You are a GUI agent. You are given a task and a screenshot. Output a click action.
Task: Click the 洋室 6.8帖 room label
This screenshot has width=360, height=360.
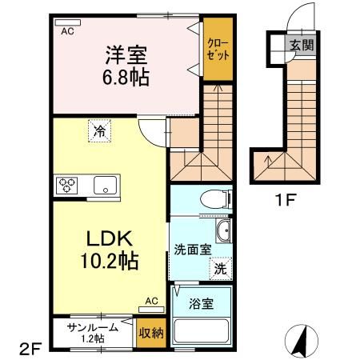(126, 66)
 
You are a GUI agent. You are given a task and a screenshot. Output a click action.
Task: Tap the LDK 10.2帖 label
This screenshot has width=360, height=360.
(110, 250)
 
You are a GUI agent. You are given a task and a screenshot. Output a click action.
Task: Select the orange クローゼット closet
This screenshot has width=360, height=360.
(218, 49)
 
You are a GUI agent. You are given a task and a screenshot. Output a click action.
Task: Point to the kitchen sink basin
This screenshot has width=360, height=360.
(105, 186)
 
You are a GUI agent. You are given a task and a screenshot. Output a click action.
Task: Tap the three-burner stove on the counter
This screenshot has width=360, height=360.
(66, 186)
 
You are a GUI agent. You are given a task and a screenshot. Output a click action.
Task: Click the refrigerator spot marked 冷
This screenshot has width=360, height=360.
(99, 131)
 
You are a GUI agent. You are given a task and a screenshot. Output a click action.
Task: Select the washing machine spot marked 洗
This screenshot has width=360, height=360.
(221, 269)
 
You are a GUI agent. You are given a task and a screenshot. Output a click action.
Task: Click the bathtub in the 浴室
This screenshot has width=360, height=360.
(201, 331)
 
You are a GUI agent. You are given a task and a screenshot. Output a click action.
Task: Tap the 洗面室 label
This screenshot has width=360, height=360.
(193, 250)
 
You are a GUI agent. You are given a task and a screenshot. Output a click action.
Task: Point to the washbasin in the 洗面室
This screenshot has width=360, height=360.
(223, 231)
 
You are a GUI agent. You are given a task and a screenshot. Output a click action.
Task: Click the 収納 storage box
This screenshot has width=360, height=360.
(151, 333)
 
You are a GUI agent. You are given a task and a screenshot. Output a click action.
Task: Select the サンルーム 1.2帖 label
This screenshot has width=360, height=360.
(93, 332)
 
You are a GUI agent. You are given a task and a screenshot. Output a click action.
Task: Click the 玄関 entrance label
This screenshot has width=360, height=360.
(302, 45)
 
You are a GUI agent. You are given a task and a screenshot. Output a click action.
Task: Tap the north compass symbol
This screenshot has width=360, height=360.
(302, 341)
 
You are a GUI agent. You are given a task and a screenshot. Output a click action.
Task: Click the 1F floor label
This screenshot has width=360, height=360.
(286, 200)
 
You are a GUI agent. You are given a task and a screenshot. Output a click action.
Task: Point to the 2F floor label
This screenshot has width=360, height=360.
(30, 349)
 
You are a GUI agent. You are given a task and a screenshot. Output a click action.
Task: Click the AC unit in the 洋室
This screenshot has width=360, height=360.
(68, 22)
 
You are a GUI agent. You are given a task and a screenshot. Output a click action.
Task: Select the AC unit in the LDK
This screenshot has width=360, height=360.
(151, 310)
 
